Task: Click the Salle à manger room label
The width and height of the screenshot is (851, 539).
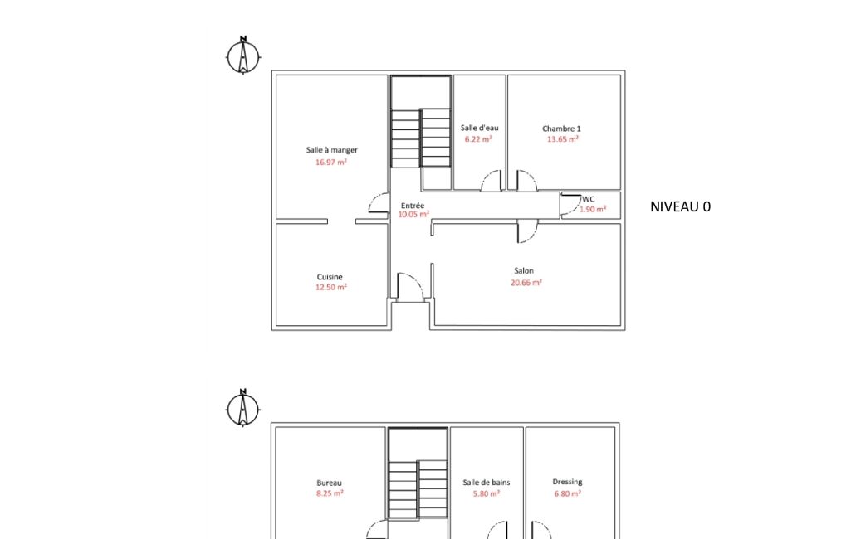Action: pyautogui.click(x=331, y=150)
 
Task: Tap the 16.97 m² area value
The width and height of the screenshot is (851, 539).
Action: pyautogui.click(x=331, y=163)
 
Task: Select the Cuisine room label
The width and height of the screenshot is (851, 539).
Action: pyautogui.click(x=330, y=277)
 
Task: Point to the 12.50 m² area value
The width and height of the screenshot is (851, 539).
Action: pyautogui.click(x=331, y=288)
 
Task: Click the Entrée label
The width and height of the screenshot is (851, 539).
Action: pyautogui.click(x=413, y=206)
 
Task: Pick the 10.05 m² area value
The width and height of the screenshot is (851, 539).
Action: pyautogui.click(x=413, y=215)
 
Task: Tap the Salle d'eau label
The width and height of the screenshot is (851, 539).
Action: pyautogui.click(x=479, y=128)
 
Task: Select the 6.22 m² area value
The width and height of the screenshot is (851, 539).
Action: pyautogui.click(x=478, y=139)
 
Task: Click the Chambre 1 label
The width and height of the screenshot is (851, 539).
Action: pyautogui.click(x=561, y=129)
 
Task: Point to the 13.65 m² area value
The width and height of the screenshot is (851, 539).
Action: pyautogui.click(x=563, y=139)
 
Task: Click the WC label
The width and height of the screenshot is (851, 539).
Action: pyautogui.click(x=589, y=200)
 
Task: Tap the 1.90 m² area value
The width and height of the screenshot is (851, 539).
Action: pyautogui.click(x=593, y=209)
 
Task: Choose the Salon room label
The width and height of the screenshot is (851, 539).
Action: pyautogui.click(x=524, y=270)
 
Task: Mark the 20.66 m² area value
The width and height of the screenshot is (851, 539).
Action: pyautogui.click(x=526, y=283)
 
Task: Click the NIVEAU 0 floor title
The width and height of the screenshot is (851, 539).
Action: pyautogui.click(x=681, y=206)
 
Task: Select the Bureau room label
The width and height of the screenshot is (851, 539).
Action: pyautogui.click(x=330, y=483)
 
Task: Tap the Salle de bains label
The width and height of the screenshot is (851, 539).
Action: pyautogui.click(x=487, y=482)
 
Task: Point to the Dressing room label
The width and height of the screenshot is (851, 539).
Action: pyautogui.click(x=567, y=482)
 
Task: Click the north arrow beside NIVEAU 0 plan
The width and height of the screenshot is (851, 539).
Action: pyautogui.click(x=243, y=56)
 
